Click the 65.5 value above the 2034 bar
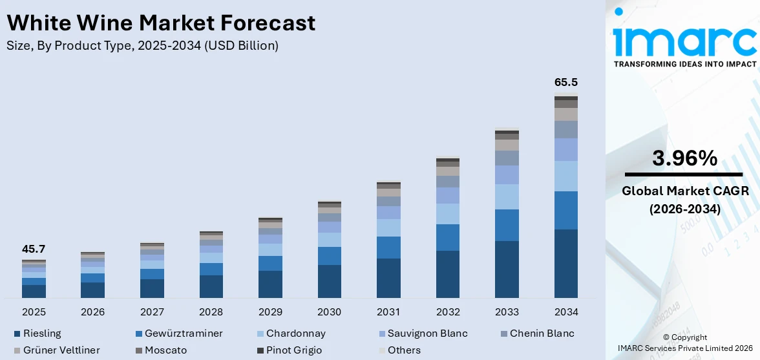(566, 82)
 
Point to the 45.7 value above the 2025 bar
(34, 249)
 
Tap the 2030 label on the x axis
(330, 312)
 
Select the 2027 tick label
(153, 312)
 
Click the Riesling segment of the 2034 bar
(566, 264)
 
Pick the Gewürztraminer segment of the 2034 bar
(566, 210)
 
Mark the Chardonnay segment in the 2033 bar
(507, 196)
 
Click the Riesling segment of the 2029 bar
(270, 284)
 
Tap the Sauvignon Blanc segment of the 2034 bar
(566, 150)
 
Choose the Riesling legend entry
(37, 334)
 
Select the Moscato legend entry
(161, 350)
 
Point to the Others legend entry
(399, 350)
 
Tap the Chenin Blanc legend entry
(537, 334)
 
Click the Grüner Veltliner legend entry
(57, 350)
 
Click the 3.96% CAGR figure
(684, 158)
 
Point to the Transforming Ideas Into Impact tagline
(685, 64)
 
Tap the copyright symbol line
(684, 337)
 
